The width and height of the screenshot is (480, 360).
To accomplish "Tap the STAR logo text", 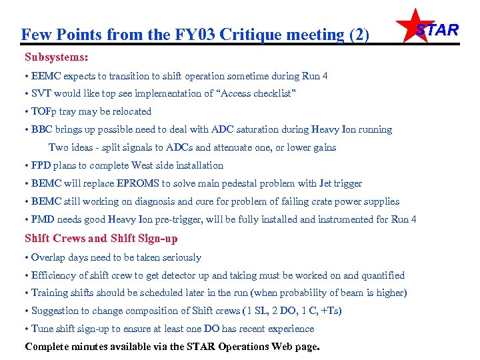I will pyautogui.click(x=437, y=30).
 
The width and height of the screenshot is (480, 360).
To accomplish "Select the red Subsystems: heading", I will pyautogui.click(x=57, y=57).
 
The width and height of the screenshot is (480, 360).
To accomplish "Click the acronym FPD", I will pyautogui.click(x=41, y=165).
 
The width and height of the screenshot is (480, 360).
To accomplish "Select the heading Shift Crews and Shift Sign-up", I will pyautogui.click(x=101, y=239).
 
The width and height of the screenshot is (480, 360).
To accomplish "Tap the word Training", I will pyautogui.click(x=50, y=293).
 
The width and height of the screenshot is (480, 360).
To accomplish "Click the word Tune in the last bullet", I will pyautogui.click(x=42, y=329).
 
